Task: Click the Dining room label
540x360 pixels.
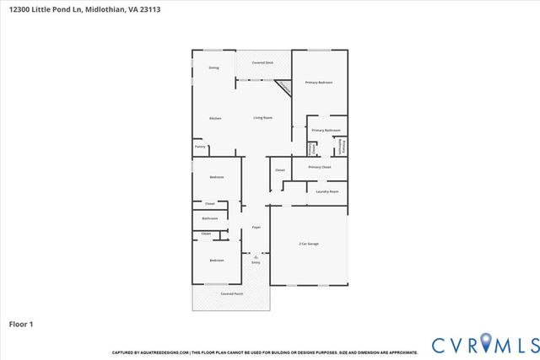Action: tap(214, 67)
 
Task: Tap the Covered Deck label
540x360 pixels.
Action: tap(263, 63)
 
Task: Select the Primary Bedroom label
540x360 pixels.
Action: tap(319, 82)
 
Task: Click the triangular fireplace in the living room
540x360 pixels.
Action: tap(284, 86)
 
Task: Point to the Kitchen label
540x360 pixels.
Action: tap(215, 118)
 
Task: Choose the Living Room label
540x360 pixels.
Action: tap(262, 118)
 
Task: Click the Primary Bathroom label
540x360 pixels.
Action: tap(325, 130)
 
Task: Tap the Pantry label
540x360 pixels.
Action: tap(200, 147)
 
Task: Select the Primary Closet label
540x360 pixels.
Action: tap(320, 167)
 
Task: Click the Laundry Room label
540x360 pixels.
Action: tap(327, 192)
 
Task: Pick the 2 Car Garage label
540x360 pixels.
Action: tap(309, 244)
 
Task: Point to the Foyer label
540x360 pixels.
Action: tap(256, 228)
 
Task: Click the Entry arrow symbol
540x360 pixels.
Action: tap(256, 256)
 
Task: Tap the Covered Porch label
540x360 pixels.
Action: tap(232, 293)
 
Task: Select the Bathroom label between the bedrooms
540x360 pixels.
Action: tap(209, 218)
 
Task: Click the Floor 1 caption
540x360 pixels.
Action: tap(21, 324)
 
